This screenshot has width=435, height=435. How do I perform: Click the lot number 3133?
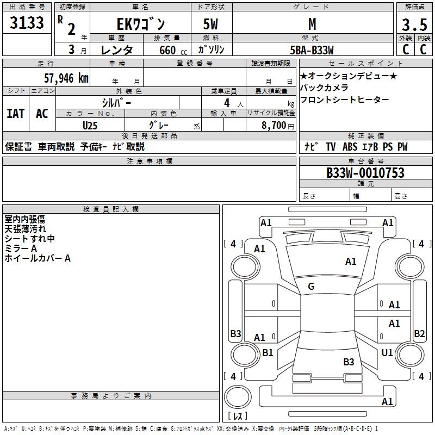point(27,23)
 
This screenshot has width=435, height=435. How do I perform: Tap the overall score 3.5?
point(414,25)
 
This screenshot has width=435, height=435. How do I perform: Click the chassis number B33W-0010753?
point(365,173)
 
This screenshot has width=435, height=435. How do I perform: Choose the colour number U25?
point(90,125)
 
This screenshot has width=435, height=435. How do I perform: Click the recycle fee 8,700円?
point(277,125)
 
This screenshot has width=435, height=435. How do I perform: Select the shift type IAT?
point(15,114)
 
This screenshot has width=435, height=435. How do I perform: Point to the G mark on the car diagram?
point(311,287)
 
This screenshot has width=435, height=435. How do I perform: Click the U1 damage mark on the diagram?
point(387,353)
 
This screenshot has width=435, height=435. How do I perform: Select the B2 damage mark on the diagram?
point(419,334)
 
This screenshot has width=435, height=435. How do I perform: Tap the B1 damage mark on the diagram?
point(268,353)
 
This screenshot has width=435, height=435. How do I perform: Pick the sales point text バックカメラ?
point(324,88)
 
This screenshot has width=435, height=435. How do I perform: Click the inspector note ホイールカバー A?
point(38,258)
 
